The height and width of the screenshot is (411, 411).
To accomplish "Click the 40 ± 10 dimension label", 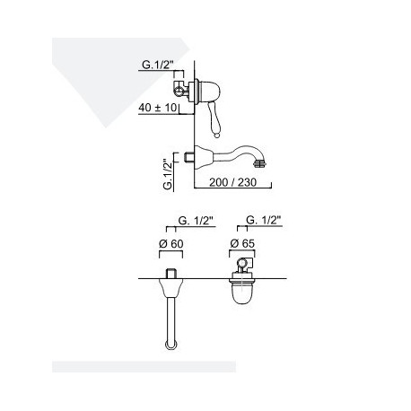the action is click(x=158, y=108).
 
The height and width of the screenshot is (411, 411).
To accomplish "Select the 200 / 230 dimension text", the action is click(x=232, y=182).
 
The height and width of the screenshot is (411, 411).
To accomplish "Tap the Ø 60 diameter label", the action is click(x=171, y=244).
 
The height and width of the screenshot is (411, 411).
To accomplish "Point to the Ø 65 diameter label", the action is click(x=242, y=243).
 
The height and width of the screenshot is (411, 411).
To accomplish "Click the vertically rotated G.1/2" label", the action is click(x=169, y=171).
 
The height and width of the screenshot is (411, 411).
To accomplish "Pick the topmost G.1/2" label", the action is click(x=158, y=65).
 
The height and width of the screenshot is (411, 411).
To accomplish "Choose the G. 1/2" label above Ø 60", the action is click(x=196, y=221).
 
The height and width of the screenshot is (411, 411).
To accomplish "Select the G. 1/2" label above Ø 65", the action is click(x=264, y=220).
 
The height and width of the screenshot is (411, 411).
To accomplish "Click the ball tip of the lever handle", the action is click(x=217, y=136).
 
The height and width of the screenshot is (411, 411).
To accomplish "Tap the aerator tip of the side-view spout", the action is click(x=259, y=163).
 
